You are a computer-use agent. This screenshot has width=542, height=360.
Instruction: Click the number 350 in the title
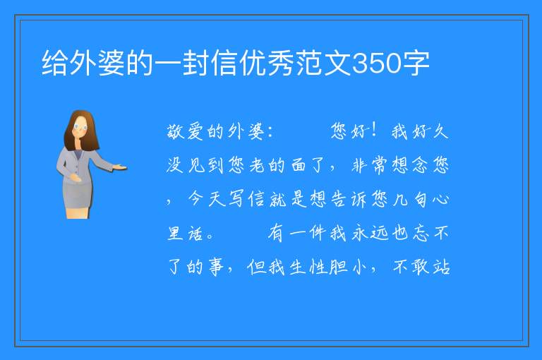pos(376,64)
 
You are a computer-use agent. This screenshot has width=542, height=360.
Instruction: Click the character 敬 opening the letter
pos(175,132)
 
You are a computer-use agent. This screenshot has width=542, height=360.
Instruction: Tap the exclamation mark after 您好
pos(373,131)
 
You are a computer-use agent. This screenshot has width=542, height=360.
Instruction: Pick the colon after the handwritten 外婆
pos(270,132)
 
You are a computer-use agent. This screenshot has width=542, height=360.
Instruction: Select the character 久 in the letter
pos(440,132)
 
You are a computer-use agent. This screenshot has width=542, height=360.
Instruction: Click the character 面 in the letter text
pos(298,165)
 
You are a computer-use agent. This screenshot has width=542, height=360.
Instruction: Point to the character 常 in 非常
pos(380,165)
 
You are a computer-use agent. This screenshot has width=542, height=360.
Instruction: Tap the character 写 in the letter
pos(236,198)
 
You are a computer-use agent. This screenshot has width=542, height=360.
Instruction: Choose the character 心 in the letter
pos(440,199)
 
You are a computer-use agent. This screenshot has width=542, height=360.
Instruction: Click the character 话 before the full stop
pos(195,233)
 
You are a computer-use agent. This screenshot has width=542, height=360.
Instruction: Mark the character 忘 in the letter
pos(421,233)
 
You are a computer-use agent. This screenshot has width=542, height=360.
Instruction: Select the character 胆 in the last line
pos(338,267)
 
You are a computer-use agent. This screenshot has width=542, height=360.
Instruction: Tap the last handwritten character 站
pos(441,267)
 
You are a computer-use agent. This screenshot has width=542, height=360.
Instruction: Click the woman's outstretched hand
pos(120,168)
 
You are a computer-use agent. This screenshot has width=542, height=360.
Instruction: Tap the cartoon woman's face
pos(80,127)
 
